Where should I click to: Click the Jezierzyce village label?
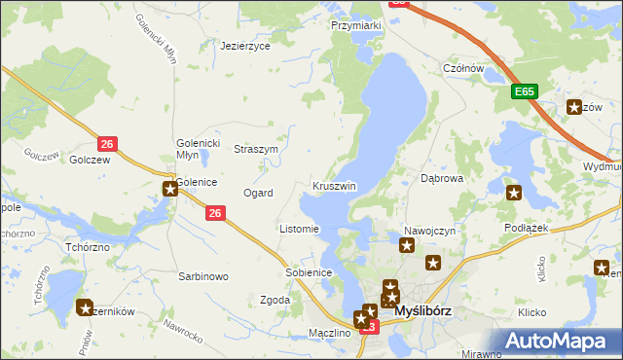pos(244,46)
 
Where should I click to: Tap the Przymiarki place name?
pos(354,26)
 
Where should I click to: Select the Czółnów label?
pos(463,68)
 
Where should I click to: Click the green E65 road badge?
pos(525,91)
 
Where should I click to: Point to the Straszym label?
pos(256,149)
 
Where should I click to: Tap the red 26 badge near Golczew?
pos(108,145)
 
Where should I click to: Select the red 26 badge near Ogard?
pos(217,213)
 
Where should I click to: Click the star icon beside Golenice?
pos(170,188)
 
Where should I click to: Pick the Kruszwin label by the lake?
pos(334,186)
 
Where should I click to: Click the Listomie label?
pos(299,230)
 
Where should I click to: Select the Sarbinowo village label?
pos(202,276)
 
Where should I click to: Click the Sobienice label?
pos(310,272)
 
